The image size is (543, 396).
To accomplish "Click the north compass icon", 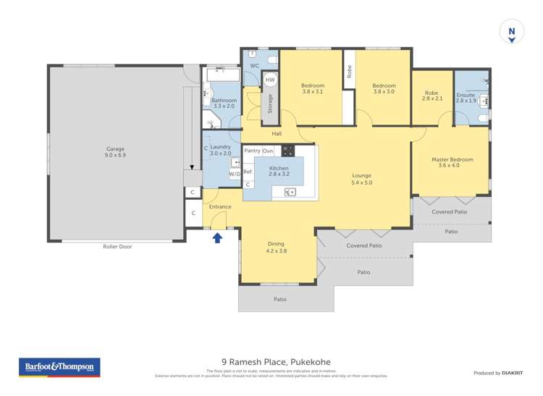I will point(512,33).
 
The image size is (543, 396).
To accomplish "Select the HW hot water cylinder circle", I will point(270,80).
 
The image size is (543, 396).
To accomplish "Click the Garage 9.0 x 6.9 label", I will point(115,151).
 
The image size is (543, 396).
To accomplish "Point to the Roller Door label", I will point(117,246).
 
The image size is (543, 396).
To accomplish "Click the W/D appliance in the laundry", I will point(235,174).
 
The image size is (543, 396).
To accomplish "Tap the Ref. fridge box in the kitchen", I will point(248,172).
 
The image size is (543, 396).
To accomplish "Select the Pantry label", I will point(252,151).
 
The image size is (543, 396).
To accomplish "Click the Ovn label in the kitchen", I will point(268,151).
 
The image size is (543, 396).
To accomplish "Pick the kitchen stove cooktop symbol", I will point(287,151).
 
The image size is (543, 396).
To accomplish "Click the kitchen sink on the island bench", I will point(290,192).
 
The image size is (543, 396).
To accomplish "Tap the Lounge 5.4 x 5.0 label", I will point(361,178).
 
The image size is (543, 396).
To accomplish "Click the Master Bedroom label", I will point(452,162).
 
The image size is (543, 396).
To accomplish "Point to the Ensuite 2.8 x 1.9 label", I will point(466,98).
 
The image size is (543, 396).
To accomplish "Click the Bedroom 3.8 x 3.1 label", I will point(313,88).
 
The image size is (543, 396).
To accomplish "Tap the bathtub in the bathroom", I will point(223,74).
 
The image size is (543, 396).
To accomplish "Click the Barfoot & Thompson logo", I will point(59,367).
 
